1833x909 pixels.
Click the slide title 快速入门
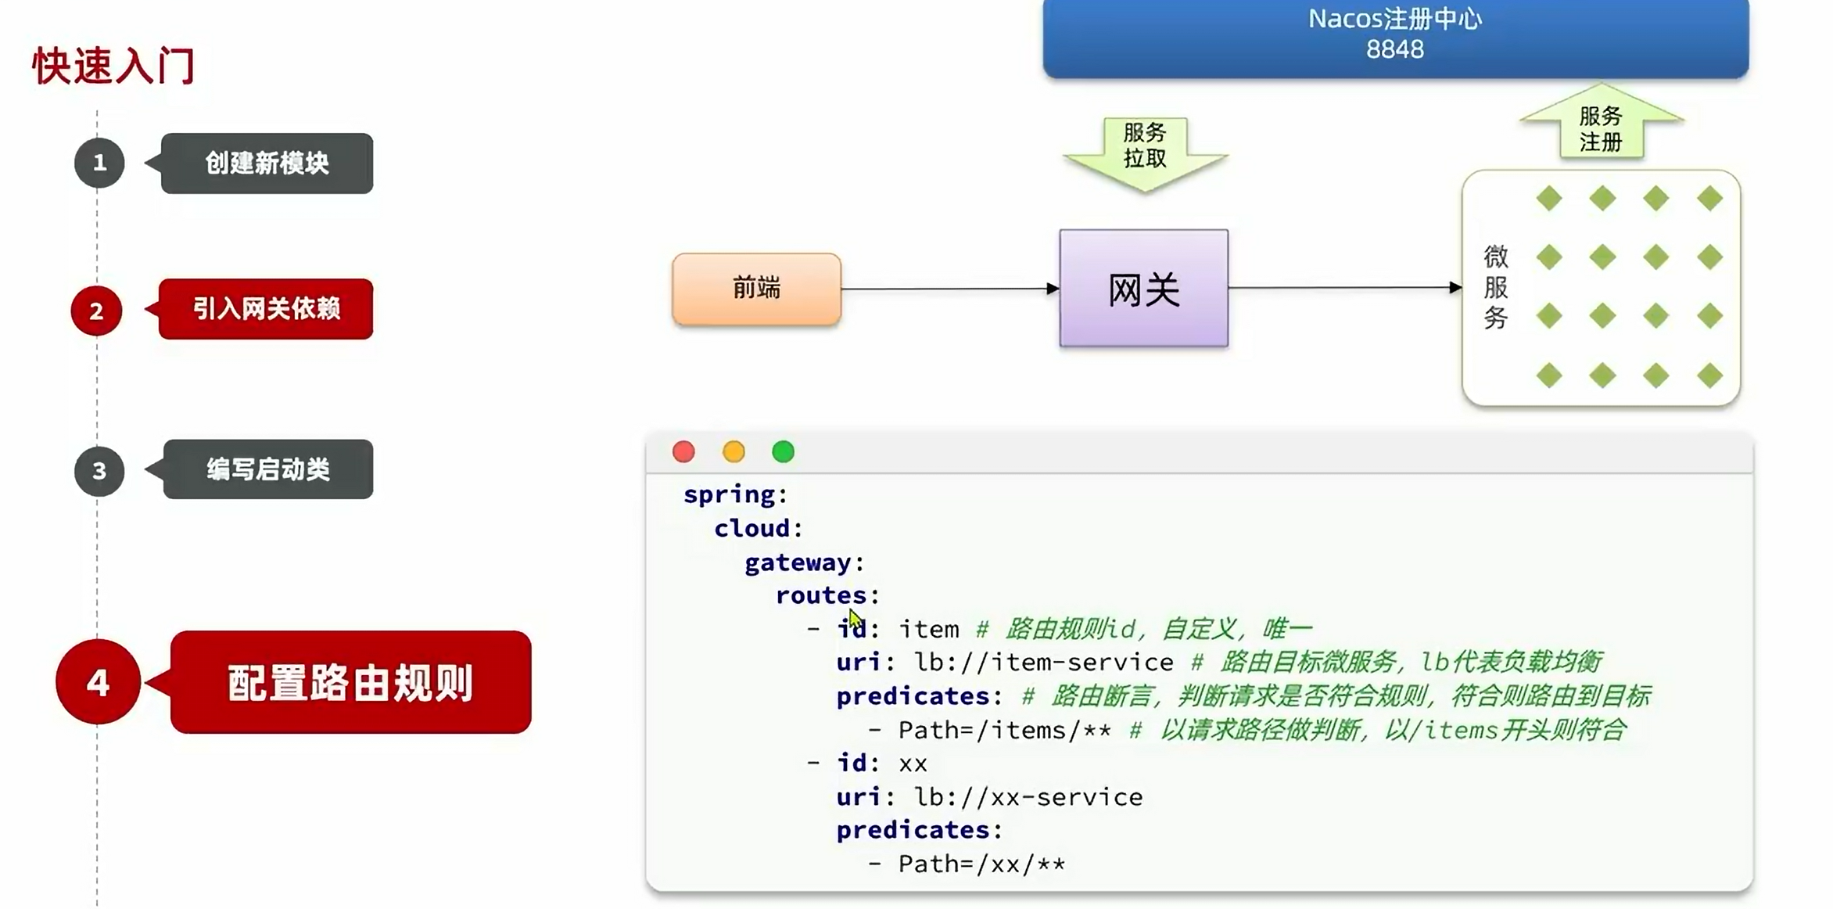tap(114, 66)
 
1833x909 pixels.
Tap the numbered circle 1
tap(99, 163)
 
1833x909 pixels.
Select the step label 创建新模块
tap(267, 163)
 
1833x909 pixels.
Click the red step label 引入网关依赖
tap(266, 309)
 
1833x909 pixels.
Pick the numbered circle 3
tap(99, 471)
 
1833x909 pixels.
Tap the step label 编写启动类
tap(268, 469)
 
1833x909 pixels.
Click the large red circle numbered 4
tap(98, 682)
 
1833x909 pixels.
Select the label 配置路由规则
tap(350, 683)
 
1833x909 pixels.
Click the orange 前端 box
tap(756, 289)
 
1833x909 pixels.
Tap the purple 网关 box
tap(1143, 289)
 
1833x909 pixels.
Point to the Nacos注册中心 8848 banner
tap(1395, 35)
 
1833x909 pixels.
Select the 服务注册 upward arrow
tap(1601, 125)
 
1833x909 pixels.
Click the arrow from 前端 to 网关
tap(949, 289)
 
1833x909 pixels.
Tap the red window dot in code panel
tap(683, 451)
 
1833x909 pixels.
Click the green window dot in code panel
tap(783, 451)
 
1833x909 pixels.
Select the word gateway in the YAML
tap(798, 562)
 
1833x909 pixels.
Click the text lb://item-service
tap(1044, 663)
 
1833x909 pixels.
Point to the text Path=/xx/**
tap(981, 864)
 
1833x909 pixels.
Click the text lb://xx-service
tap(1028, 797)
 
